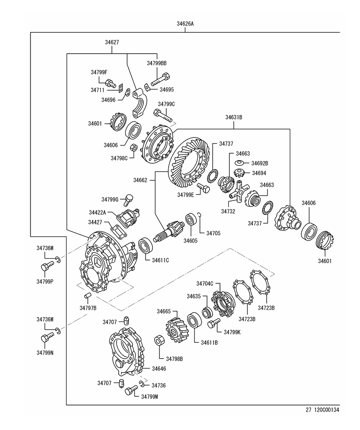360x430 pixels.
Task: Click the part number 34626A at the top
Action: (185, 24)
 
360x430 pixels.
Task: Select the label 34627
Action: (112, 42)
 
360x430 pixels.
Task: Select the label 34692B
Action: (260, 163)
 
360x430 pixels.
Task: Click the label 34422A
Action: (98, 212)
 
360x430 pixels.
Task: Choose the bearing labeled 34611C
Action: (144, 246)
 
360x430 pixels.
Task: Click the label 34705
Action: (213, 233)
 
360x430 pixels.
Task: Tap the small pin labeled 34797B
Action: (87, 296)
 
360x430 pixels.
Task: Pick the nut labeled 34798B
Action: (159, 342)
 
